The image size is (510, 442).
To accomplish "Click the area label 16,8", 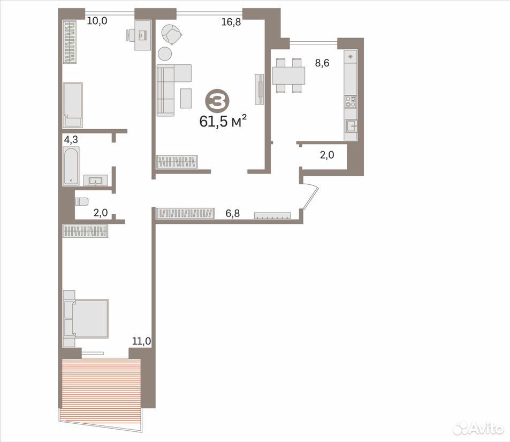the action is (x=231, y=22).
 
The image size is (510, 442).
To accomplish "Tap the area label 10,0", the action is (x=97, y=21).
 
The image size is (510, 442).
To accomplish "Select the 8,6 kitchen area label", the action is (x=322, y=63).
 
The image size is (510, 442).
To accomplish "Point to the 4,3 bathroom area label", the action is (x=71, y=140).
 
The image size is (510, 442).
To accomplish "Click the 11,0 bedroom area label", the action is (x=141, y=341).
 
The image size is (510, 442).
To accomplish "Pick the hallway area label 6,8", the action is (x=233, y=213).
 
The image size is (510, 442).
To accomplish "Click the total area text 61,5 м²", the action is (x=223, y=121).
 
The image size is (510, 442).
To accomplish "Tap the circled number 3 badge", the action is (x=217, y=102).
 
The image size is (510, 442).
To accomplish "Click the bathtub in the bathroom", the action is (x=71, y=166).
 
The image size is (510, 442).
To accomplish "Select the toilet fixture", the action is (x=82, y=201).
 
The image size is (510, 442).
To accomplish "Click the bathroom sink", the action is (x=95, y=181).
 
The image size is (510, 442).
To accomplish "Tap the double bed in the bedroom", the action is (x=86, y=318).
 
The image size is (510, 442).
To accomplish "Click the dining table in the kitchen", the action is (x=288, y=76).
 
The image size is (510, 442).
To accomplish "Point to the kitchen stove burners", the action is (x=351, y=102).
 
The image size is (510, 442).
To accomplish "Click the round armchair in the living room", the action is (x=171, y=34).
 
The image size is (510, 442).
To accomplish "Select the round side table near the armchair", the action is (x=165, y=54).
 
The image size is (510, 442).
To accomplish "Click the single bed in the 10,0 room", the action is (x=73, y=105).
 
